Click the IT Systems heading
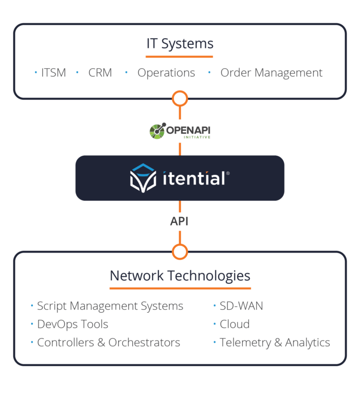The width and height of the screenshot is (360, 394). click(x=179, y=44)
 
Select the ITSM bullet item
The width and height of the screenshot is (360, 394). click(x=53, y=73)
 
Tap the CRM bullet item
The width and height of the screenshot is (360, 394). click(x=100, y=73)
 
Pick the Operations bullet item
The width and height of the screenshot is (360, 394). click(x=166, y=73)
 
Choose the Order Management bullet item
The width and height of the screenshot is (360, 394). click(x=271, y=73)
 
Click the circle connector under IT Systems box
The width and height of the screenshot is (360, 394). click(x=180, y=98)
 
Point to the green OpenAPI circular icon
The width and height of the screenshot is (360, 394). click(x=157, y=131)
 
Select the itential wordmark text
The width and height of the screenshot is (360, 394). click(x=193, y=178)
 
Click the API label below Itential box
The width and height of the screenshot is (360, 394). click(x=179, y=222)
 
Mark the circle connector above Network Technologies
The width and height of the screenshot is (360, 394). click(x=180, y=252)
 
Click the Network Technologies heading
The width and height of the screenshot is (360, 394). click(x=180, y=276)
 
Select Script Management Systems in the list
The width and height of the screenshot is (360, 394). click(x=110, y=306)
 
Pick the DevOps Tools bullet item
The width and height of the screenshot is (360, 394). click(x=73, y=324)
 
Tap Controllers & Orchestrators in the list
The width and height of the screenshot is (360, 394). click(x=108, y=342)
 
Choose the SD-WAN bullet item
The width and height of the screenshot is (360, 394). click(x=241, y=306)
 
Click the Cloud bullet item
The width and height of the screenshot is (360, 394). click(x=235, y=324)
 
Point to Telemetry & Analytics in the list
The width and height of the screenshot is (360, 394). click(x=275, y=342)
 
